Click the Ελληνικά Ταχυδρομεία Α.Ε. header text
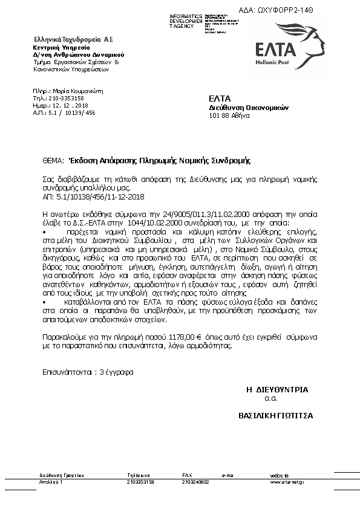(74, 39)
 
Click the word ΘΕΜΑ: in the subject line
(53, 161)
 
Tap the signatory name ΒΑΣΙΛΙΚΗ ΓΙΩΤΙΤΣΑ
(276, 416)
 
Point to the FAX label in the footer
(187, 475)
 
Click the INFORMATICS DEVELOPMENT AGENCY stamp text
(188, 21)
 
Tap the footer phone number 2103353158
(140, 482)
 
